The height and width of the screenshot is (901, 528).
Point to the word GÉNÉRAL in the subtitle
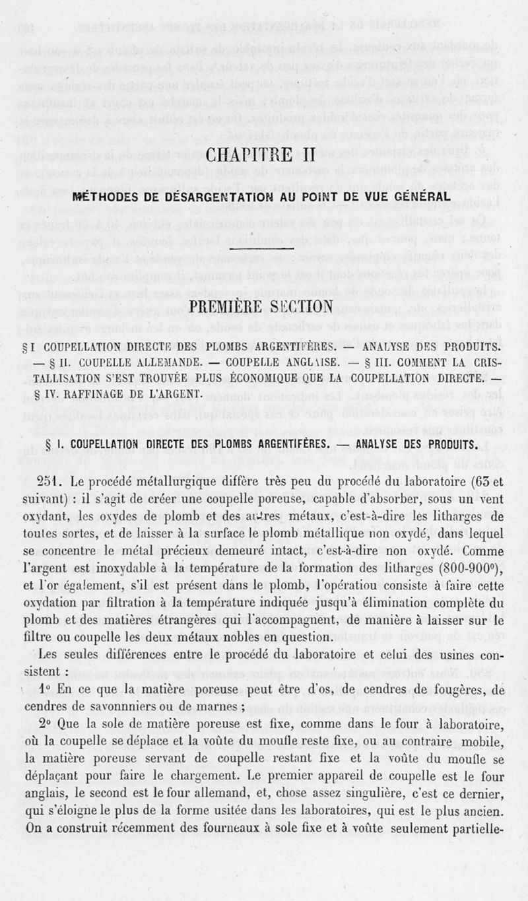[419, 197]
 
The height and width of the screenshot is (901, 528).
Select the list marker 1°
[46, 688]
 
